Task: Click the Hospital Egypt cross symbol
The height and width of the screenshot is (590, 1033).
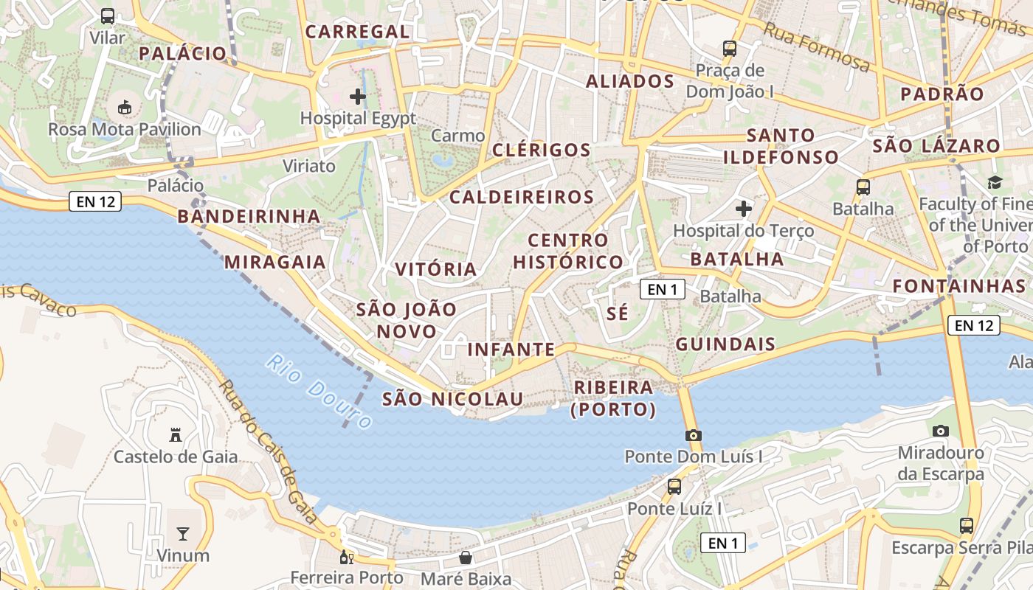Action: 358,97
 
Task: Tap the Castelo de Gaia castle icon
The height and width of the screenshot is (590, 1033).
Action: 176,434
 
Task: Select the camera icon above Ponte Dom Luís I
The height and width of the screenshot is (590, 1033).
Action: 693,435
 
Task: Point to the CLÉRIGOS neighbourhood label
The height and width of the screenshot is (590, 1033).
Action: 541,150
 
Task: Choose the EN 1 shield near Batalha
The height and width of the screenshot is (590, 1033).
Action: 662,289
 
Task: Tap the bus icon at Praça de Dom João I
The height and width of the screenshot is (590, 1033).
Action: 730,49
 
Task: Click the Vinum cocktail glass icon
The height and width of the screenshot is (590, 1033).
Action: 182,533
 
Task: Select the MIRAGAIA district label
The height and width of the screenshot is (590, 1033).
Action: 274,262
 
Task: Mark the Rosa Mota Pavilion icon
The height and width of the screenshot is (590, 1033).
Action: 124,108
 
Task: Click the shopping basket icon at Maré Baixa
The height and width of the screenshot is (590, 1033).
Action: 466,557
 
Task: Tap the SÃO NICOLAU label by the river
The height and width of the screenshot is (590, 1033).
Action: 452,399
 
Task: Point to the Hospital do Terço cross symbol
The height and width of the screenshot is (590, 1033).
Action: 743,209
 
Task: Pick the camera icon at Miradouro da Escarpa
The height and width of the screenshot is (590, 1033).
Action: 940,431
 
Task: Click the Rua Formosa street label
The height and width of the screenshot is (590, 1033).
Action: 816,47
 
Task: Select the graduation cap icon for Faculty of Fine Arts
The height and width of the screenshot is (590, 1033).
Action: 995,182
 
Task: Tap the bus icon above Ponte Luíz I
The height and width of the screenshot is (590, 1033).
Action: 674,487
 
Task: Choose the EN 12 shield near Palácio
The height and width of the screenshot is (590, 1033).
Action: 95,201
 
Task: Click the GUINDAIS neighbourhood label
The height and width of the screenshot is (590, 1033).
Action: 725,344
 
